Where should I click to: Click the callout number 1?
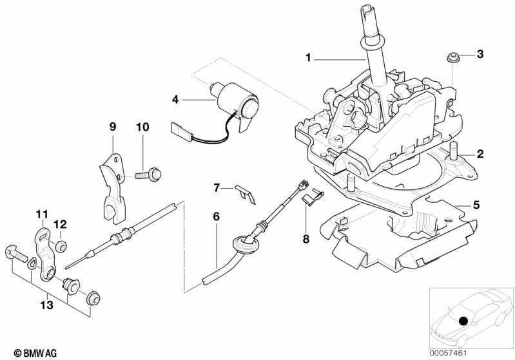(x=308, y=58)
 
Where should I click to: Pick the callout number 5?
(x=476, y=205)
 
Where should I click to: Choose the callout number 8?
(x=306, y=239)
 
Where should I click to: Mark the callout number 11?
(x=41, y=213)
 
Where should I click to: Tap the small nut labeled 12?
(x=60, y=245)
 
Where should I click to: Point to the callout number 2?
(x=480, y=154)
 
